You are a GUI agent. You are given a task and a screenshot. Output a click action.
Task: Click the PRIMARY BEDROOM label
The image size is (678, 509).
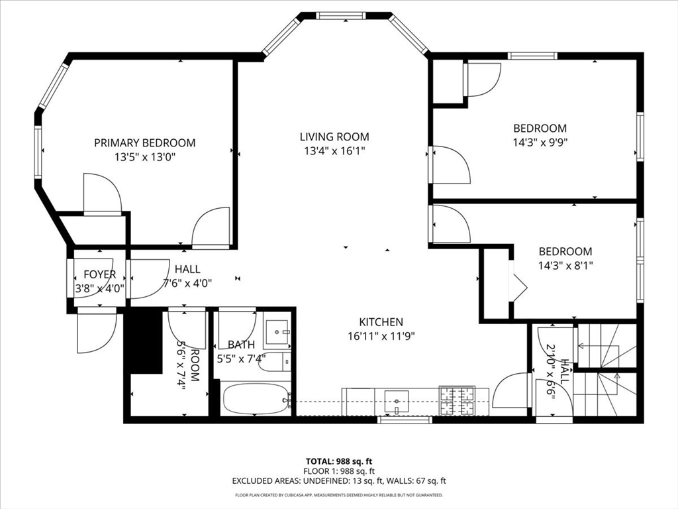[144, 142]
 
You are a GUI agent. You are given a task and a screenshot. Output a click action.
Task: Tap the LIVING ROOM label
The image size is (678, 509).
[334, 137]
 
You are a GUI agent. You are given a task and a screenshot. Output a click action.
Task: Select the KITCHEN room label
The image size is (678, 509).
[381, 322]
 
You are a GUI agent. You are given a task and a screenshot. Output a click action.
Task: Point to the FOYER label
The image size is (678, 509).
[100, 274]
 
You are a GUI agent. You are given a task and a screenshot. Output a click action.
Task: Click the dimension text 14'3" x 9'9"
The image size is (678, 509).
[540, 142]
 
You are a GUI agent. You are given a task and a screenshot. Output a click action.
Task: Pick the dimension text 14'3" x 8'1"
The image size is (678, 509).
[565, 265]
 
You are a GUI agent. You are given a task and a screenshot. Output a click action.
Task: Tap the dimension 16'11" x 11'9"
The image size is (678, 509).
[381, 336]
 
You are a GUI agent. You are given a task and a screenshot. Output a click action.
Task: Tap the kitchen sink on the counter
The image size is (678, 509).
[397, 400]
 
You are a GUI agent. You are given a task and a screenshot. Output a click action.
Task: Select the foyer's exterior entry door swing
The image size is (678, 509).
[96, 332]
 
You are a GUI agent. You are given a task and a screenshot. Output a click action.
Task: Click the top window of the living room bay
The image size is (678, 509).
[340, 15]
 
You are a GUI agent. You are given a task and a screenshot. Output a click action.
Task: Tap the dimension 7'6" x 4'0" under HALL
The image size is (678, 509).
[187, 283]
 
